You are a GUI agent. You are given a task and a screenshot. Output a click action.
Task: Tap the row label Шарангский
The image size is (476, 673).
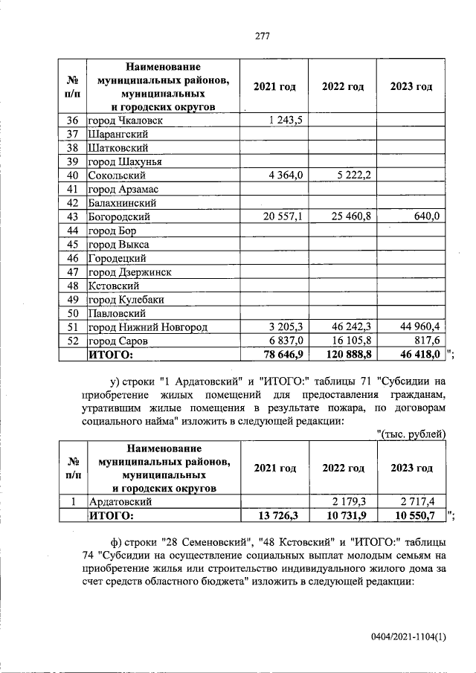(117, 135)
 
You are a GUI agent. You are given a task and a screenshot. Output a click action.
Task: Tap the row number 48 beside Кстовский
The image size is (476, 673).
(73, 286)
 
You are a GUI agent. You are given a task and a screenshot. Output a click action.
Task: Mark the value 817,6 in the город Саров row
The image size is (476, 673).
(426, 341)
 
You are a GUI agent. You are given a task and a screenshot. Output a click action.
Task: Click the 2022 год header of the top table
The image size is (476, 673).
(343, 87)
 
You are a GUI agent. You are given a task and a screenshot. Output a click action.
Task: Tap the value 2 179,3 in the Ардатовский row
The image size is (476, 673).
(352, 502)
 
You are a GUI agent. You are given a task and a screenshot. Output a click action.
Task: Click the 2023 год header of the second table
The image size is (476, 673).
(411, 468)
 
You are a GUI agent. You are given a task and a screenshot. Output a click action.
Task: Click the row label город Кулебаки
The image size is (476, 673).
(124, 300)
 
